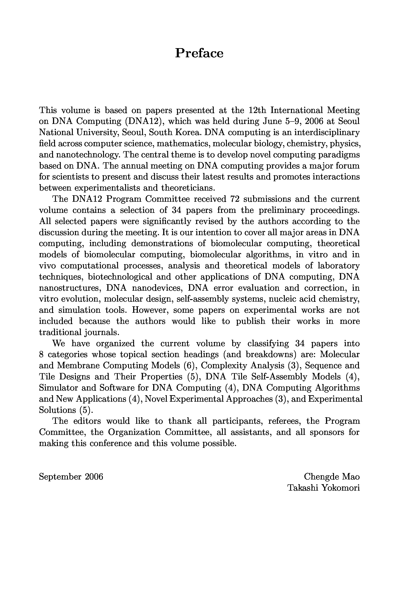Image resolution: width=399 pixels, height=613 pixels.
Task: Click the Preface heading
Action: [199, 53]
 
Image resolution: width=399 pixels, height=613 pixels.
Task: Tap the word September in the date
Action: [60, 477]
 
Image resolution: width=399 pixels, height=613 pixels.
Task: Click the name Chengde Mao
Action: [332, 477]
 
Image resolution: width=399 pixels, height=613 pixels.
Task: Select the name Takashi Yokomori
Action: [324, 488]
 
